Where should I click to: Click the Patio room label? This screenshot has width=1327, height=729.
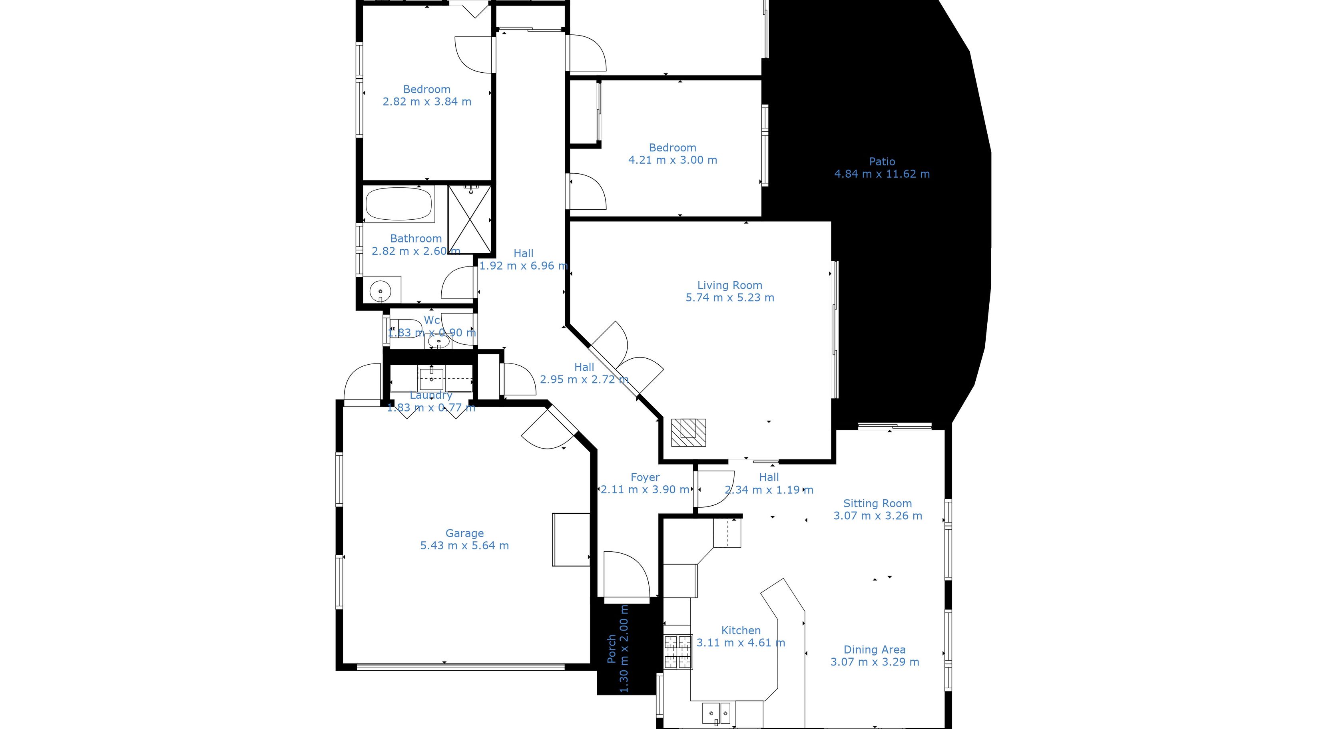pyautogui.click(x=882, y=162)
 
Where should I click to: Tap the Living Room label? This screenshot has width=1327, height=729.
pyautogui.click(x=729, y=285)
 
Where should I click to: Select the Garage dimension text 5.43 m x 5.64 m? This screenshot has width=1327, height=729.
pyautogui.click(x=464, y=546)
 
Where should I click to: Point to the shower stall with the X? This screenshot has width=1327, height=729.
pyautogui.click(x=469, y=219)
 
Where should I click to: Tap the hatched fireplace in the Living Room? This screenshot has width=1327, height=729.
pyautogui.click(x=688, y=433)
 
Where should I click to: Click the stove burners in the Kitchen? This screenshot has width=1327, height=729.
pyautogui.click(x=678, y=652)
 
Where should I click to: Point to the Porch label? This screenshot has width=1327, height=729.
pyautogui.click(x=612, y=649)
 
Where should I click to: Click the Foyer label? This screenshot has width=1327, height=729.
pyautogui.click(x=645, y=477)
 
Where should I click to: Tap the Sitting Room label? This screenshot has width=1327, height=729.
pyautogui.click(x=877, y=503)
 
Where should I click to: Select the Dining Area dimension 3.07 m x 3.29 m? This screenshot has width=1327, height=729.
pyautogui.click(x=875, y=662)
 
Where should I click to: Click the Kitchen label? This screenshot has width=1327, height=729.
pyautogui.click(x=741, y=630)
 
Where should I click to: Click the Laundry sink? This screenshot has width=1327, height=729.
pyautogui.click(x=431, y=379)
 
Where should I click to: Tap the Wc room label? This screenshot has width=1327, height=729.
pyautogui.click(x=432, y=320)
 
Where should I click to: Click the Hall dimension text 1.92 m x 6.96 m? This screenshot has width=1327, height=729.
pyautogui.click(x=523, y=266)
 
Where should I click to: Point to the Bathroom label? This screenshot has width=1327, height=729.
pyautogui.click(x=416, y=238)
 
